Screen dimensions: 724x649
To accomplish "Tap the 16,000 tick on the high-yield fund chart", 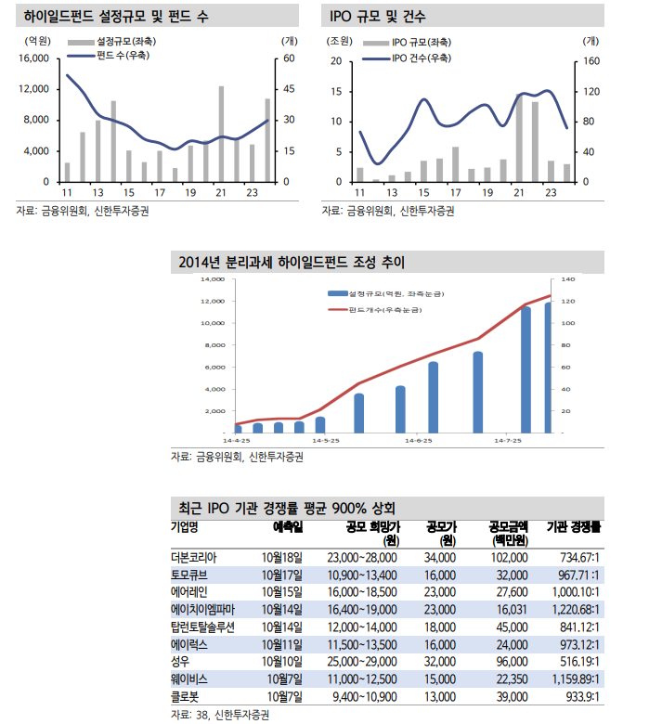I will click(34, 58).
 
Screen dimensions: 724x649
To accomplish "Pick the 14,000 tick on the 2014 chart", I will click(213, 278).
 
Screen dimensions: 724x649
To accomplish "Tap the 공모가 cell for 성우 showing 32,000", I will click(439, 659).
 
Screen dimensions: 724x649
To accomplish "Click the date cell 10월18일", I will click(283, 557).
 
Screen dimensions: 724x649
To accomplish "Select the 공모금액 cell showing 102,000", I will click(508, 557).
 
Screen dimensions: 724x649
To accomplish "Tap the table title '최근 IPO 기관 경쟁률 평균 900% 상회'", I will click(287, 509).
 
